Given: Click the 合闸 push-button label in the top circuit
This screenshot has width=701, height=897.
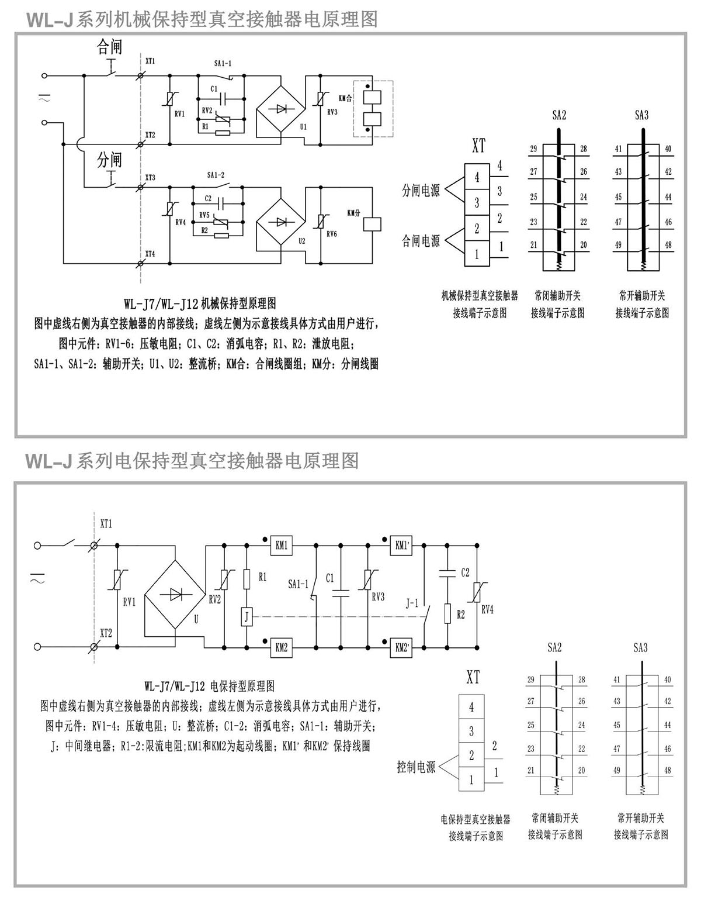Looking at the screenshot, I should pyautogui.click(x=109, y=47).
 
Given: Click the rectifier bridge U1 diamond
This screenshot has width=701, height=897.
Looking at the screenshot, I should pyautogui.click(x=280, y=108).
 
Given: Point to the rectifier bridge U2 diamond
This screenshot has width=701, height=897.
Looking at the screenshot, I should pyautogui.click(x=280, y=222).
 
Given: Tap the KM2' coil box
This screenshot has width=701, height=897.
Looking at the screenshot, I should pyautogui.click(x=402, y=647).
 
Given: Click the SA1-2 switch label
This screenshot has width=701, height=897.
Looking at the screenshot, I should pyautogui.click(x=215, y=175).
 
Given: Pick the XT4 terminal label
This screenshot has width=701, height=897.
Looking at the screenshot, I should pyautogui.click(x=150, y=254).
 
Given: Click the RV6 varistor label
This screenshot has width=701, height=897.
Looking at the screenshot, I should pyautogui.click(x=332, y=234).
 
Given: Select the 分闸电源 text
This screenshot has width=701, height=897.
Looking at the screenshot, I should pyautogui.click(x=420, y=191).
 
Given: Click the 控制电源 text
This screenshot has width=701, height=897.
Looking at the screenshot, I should pyautogui.click(x=416, y=767).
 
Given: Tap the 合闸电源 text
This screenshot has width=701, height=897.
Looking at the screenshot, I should pyautogui.click(x=420, y=240).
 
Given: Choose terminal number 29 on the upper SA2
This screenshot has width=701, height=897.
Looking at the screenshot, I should pyautogui.click(x=533, y=149).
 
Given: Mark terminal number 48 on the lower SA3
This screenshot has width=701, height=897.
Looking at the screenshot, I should pyautogui.click(x=668, y=770).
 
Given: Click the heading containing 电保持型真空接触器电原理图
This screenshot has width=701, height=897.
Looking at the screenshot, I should pyautogui.click(x=193, y=461).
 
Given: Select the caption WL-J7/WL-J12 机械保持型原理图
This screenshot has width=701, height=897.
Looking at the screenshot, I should pyautogui.click(x=199, y=303).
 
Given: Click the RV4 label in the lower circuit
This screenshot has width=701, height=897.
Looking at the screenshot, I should pyautogui.click(x=487, y=610).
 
